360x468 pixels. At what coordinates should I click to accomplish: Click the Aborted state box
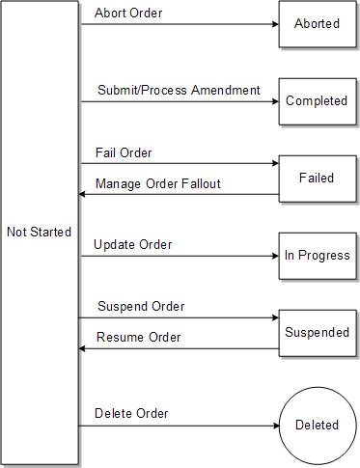tap(317, 23)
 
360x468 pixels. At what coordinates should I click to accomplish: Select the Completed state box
tap(317, 100)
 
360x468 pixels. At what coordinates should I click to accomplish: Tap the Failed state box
tap(317, 178)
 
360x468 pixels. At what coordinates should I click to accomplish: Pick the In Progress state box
tap(317, 256)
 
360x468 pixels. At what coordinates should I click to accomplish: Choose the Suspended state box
tap(317, 332)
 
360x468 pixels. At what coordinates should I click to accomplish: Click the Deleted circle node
tap(317, 425)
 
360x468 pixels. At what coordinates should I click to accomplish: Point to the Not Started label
tap(39, 232)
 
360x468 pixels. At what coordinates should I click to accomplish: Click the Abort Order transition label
tap(129, 14)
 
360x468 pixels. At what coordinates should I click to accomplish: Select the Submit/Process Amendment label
tap(179, 90)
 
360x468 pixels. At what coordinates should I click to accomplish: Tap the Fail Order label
tap(124, 153)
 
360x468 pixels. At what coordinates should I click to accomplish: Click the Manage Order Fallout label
tap(158, 183)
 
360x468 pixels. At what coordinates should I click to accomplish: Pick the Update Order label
tap(133, 245)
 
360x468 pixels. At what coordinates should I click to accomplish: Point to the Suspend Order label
tap(141, 307)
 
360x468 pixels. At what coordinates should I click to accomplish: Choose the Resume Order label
tap(139, 338)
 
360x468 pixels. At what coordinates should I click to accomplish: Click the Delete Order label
tap(131, 414)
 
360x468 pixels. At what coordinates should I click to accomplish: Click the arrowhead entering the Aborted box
tap(273, 24)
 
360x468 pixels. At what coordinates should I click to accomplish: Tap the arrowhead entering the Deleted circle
tap(273, 425)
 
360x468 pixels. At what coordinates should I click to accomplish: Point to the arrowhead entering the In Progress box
tap(273, 256)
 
